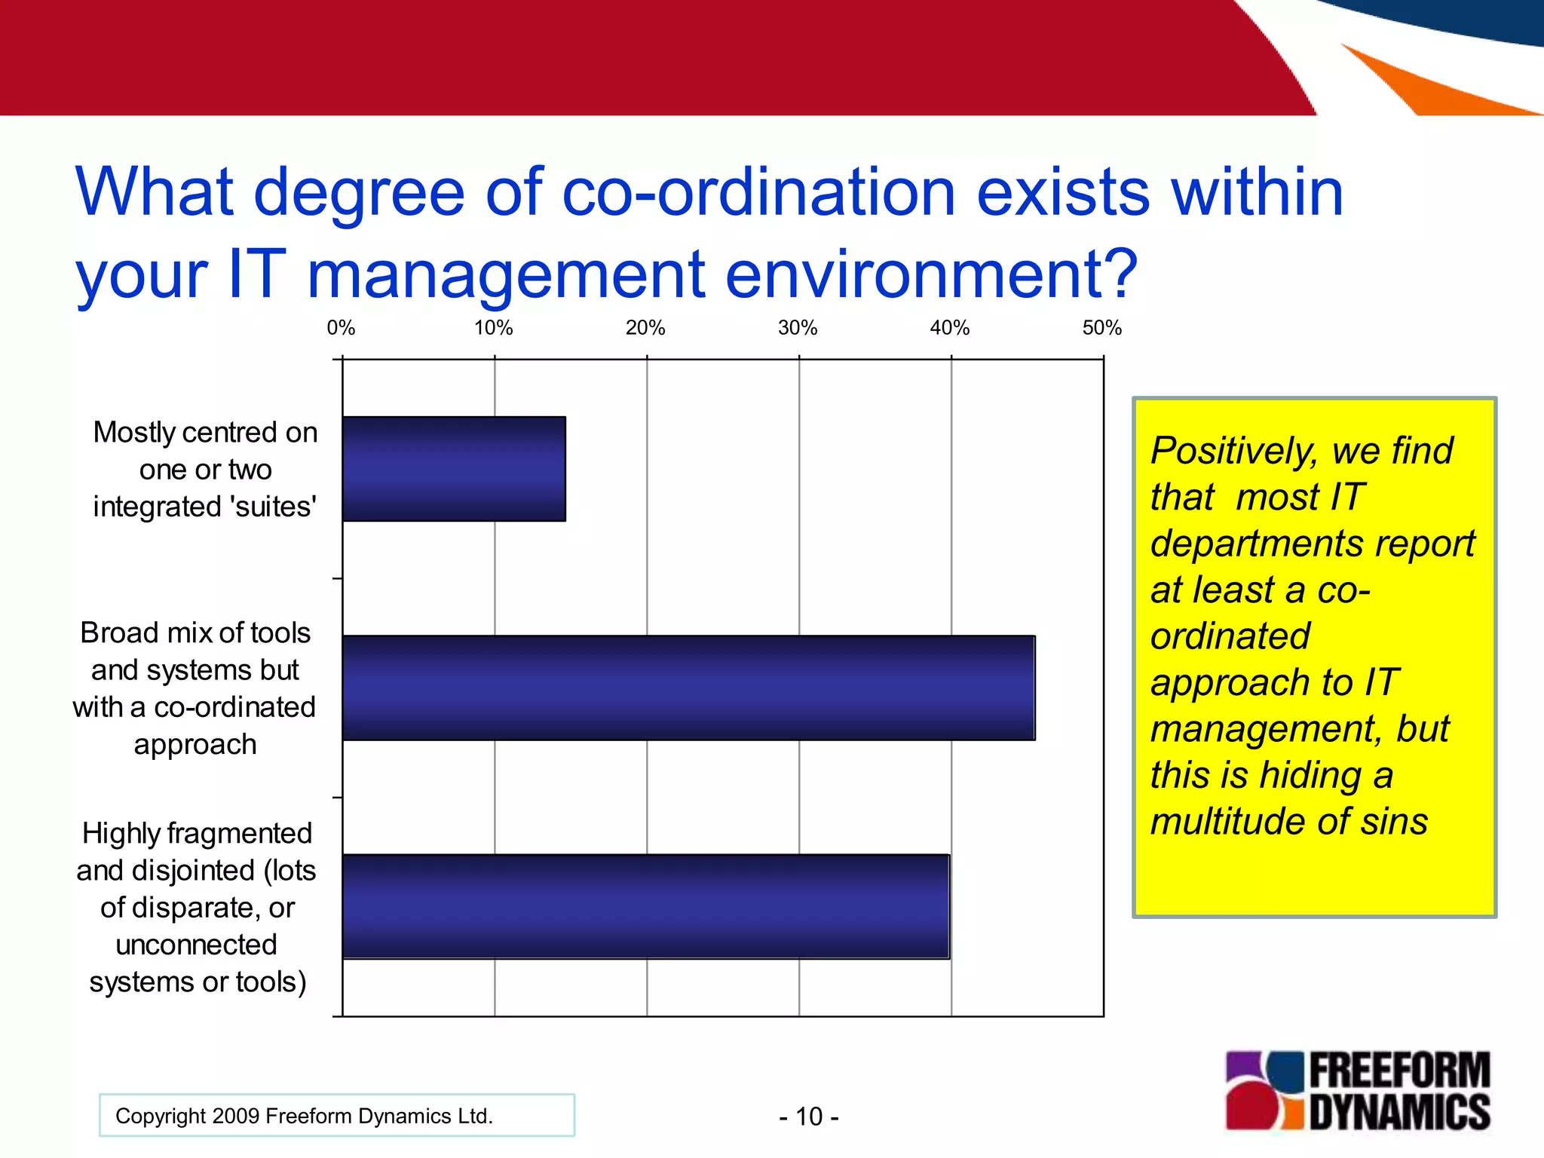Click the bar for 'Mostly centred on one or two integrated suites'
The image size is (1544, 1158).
click(x=454, y=468)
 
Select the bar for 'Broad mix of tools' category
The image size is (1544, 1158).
click(x=688, y=688)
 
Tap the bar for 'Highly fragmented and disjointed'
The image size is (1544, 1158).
click(x=646, y=906)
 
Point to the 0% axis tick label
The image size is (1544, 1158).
click(x=341, y=328)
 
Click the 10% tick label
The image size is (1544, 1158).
click(x=493, y=328)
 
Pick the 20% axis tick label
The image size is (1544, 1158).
click(x=645, y=328)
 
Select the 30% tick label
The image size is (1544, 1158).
click(x=798, y=328)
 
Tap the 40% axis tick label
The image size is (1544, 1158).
click(x=949, y=328)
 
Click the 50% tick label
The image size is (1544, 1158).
click(x=1101, y=328)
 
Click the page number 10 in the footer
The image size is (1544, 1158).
click(x=809, y=1117)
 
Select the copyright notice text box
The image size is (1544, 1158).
click(x=336, y=1115)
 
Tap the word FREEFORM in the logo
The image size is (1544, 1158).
click(x=1399, y=1071)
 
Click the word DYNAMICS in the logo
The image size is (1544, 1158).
click(x=1399, y=1113)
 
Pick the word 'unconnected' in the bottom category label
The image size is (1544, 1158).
click(x=196, y=945)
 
